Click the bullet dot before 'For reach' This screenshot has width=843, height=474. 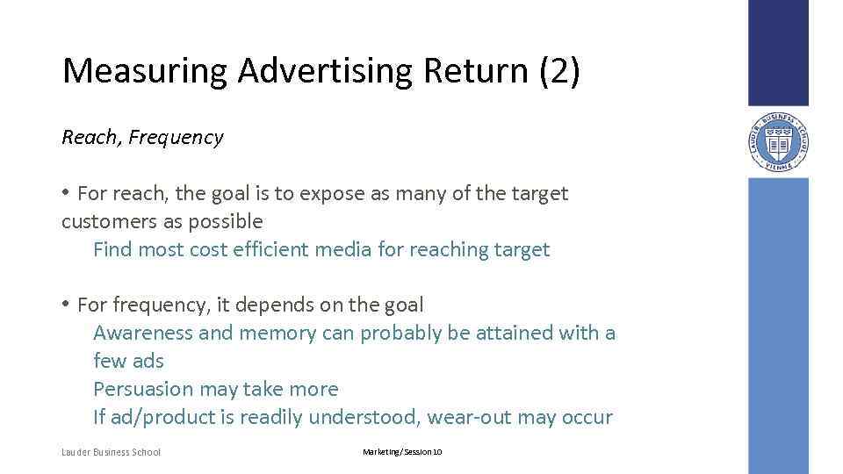pyautogui.click(x=66, y=192)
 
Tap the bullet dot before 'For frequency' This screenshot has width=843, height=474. pyautogui.click(x=66, y=305)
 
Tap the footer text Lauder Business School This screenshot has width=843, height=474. pyautogui.click(x=112, y=452)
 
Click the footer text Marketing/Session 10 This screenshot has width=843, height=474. pyautogui.click(x=403, y=452)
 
